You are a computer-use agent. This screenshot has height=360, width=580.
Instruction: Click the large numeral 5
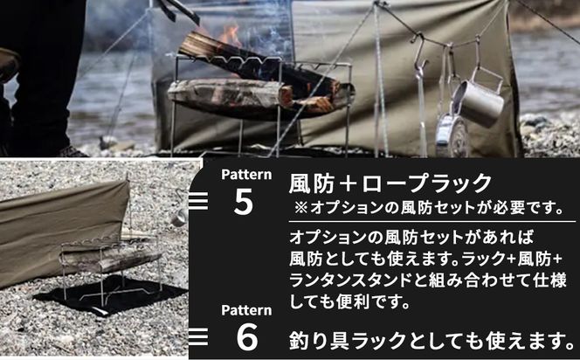click(x=244, y=202)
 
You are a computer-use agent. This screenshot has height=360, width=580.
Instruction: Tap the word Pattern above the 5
click(x=244, y=174)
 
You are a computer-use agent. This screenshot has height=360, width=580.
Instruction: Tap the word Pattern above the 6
click(x=244, y=309)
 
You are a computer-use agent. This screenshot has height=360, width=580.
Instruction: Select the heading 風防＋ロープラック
click(x=390, y=183)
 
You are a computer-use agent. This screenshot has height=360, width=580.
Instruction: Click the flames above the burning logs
click(x=230, y=36)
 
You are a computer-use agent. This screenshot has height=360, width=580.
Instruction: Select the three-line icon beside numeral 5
click(x=198, y=202)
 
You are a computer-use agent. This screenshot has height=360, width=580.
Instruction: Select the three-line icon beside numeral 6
click(x=198, y=336)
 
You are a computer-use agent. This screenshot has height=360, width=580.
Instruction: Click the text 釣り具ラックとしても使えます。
click(x=432, y=338)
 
